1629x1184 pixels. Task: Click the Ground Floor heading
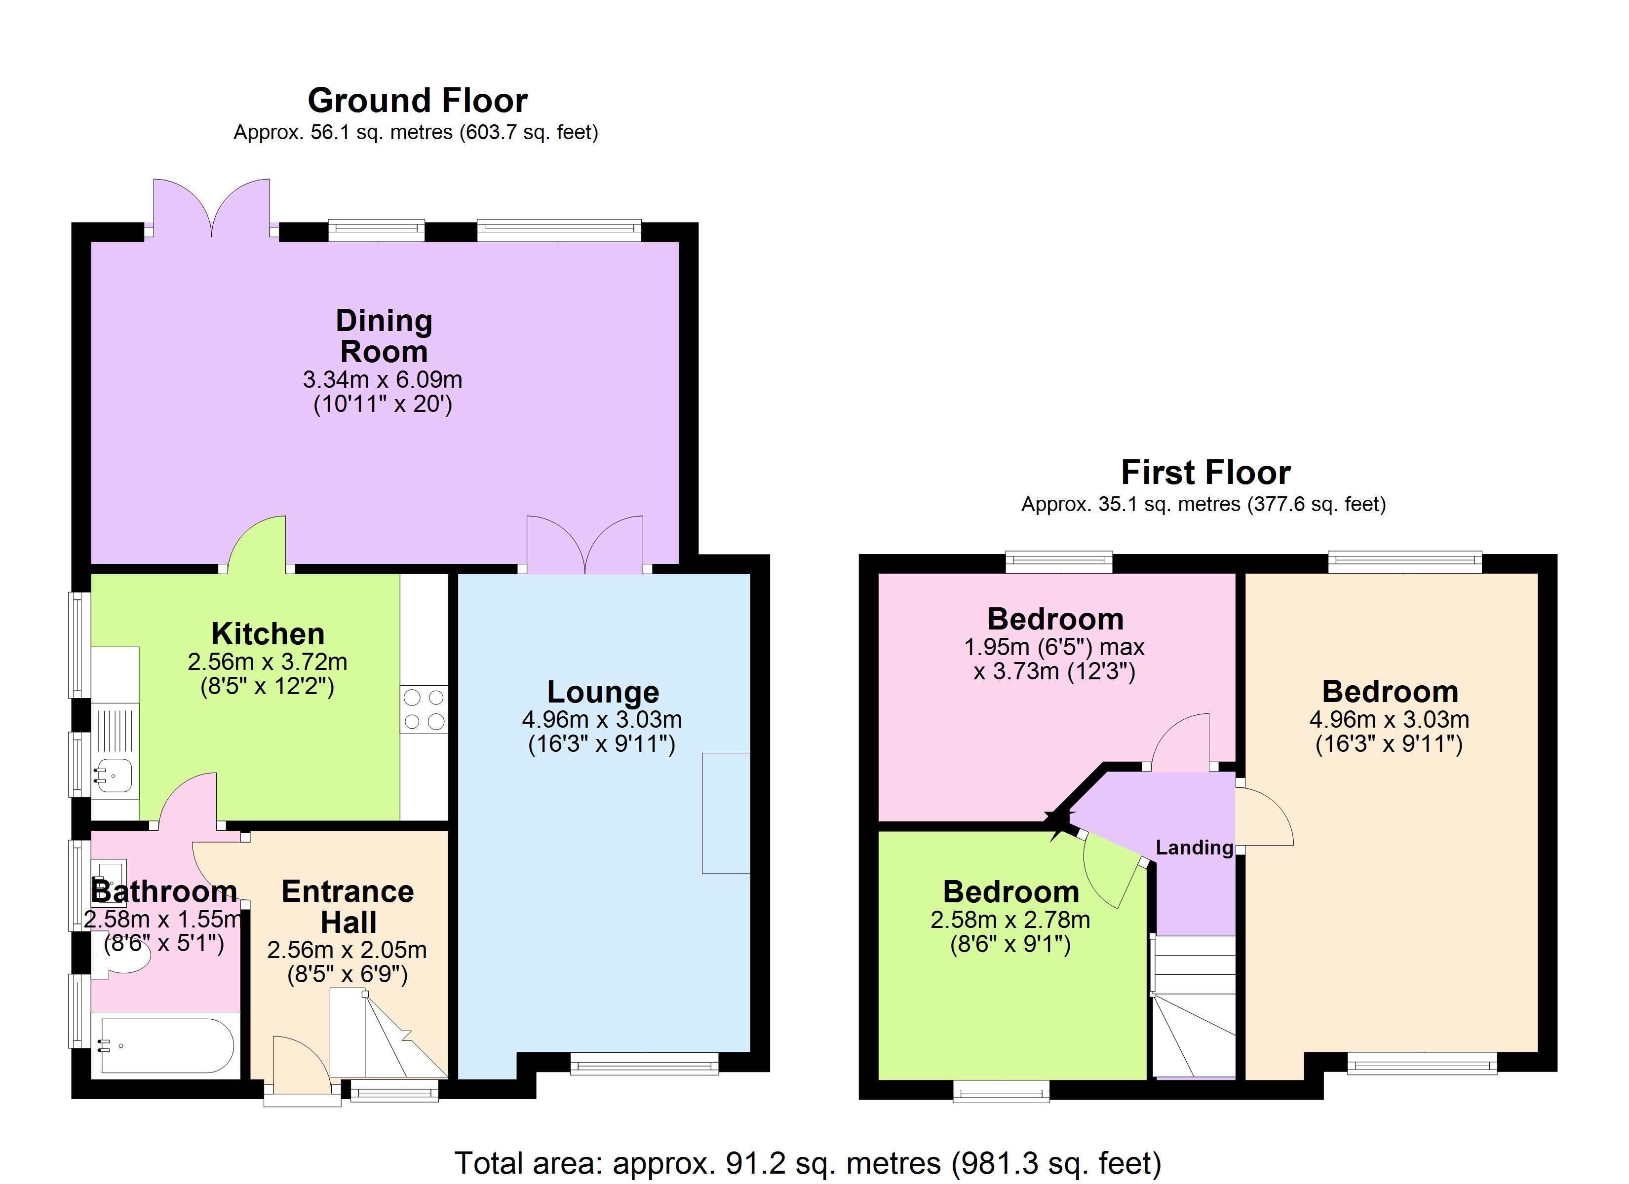[417, 101]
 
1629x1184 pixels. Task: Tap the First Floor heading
[1205, 473]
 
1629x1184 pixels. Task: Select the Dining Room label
[384, 336]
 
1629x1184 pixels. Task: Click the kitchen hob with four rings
[424, 709]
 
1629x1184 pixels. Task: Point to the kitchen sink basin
[114, 776]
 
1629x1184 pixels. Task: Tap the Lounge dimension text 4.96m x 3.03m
[602, 719]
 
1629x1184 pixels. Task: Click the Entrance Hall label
[348, 906]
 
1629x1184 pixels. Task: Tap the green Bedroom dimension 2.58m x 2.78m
[1010, 919]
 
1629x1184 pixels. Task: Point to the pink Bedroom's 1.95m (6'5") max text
[1054, 647]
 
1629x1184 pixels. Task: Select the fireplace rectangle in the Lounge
[726, 813]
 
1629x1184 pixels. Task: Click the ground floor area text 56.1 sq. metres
[415, 133]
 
